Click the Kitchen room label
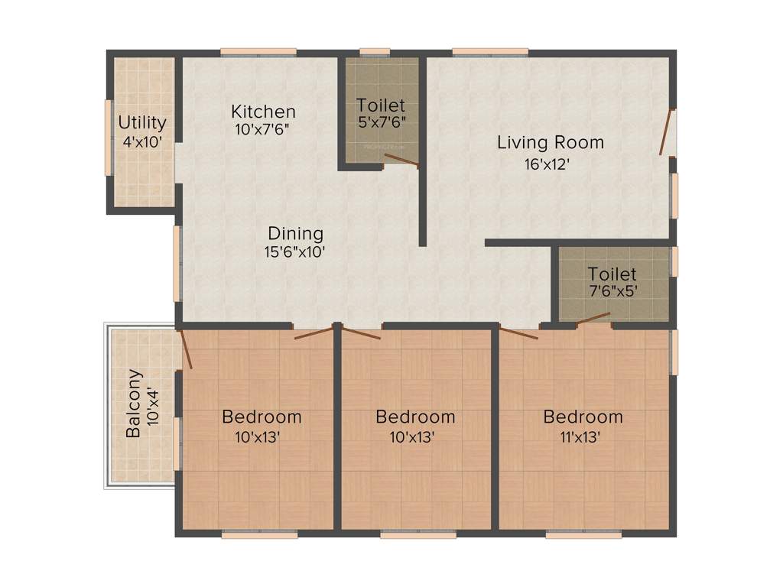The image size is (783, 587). click(x=263, y=112)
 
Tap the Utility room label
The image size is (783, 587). click(x=142, y=122)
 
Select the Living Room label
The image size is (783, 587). click(x=551, y=142)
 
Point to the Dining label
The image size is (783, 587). click(x=295, y=233)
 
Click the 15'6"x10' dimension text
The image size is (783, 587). click(x=296, y=253)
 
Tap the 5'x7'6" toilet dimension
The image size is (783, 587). click(x=381, y=122)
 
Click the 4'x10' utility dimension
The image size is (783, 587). click(x=141, y=141)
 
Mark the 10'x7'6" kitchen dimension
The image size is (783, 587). click(x=262, y=130)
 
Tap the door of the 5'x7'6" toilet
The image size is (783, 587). click(x=401, y=159)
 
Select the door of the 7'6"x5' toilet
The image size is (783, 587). click(x=593, y=319)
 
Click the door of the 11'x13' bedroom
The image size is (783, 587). click(x=518, y=332)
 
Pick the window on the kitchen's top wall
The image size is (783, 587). click(x=258, y=52)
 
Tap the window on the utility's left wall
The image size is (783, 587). click(x=108, y=138)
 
